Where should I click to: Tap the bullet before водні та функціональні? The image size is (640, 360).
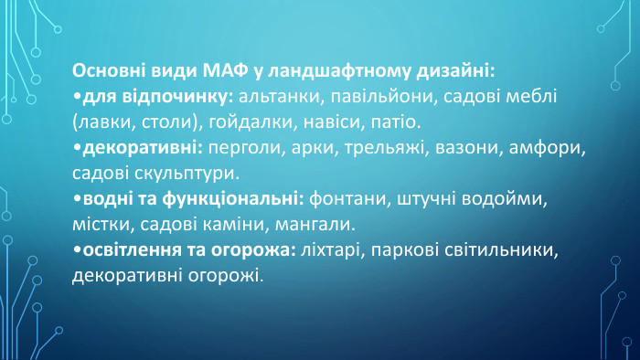click(x=76, y=198)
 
